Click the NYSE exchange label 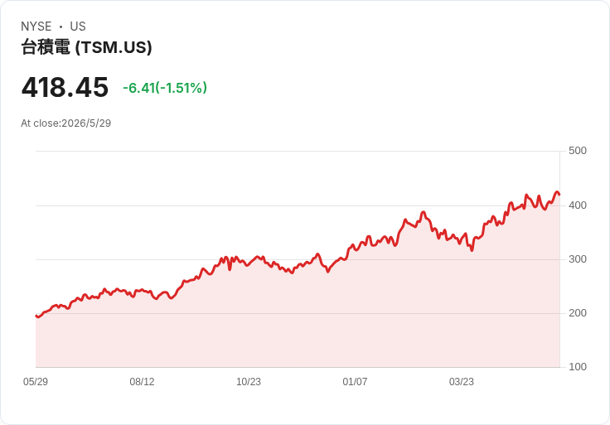[x=36, y=27]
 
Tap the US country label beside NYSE [x=78, y=27]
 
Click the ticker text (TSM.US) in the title [x=114, y=47]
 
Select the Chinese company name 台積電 [x=46, y=47]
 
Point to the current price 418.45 [x=65, y=87]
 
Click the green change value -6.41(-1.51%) [x=165, y=88]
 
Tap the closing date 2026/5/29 [x=86, y=123]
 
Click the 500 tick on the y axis [x=578, y=151]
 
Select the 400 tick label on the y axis [x=578, y=205]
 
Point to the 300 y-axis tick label [x=578, y=259]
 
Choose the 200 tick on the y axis [x=578, y=313]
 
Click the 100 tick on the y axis [x=578, y=367]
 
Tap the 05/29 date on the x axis [x=36, y=382]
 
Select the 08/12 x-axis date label [x=142, y=382]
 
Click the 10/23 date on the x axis [x=249, y=382]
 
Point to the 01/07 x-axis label [x=355, y=382]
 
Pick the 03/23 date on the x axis [x=462, y=382]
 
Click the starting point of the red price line [x=36, y=316]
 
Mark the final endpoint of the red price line [x=559, y=195]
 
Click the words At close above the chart [x=40, y=123]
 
